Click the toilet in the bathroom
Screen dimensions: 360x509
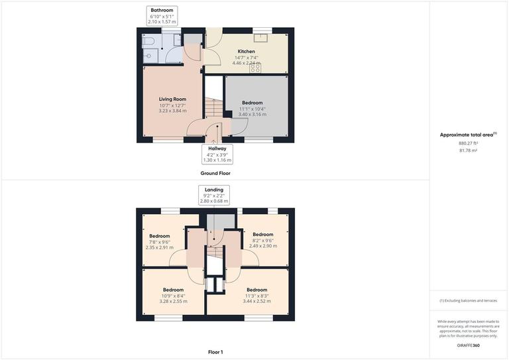(148, 42)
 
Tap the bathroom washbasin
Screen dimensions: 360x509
(148, 56)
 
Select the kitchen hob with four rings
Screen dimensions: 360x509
(255, 68)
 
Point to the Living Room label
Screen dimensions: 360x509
(172, 99)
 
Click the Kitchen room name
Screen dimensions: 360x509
(247, 51)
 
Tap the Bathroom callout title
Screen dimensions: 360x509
(162, 11)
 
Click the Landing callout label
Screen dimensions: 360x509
(213, 190)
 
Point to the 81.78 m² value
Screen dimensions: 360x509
(468, 150)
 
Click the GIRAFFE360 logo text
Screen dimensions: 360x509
(469, 345)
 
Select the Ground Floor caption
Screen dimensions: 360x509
(215, 173)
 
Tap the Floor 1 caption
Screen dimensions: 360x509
(215, 352)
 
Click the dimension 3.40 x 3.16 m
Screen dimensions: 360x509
(252, 114)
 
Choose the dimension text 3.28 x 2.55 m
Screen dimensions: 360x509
(173, 301)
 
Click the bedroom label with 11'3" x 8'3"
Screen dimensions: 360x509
(256, 290)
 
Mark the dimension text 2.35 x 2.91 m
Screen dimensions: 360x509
(159, 247)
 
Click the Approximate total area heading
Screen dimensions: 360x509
(468, 135)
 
